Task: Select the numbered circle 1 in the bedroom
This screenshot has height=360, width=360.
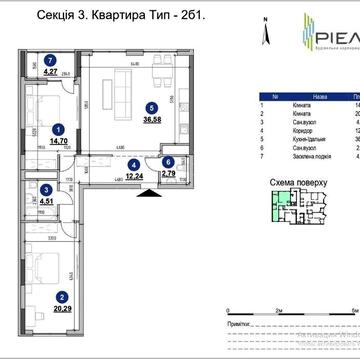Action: click(x=59, y=128)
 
